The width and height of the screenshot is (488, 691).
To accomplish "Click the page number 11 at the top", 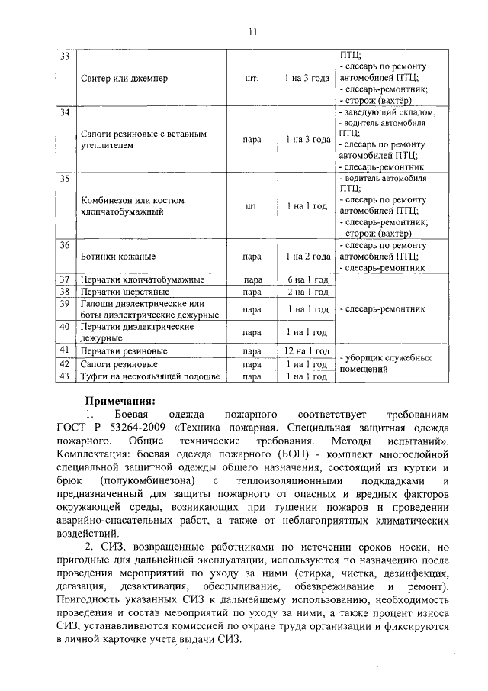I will click(x=252, y=31).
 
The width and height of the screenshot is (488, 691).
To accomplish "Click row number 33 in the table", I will click(x=65, y=58).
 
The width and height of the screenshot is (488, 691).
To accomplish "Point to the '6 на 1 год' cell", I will click(x=307, y=280).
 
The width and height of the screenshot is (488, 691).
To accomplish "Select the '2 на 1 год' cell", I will click(x=307, y=292).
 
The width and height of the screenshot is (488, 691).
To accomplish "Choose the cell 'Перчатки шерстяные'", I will click(x=125, y=292).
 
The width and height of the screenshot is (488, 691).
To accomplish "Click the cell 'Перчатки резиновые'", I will click(x=124, y=351).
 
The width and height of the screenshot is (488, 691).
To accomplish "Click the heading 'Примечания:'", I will click(x=119, y=400).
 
